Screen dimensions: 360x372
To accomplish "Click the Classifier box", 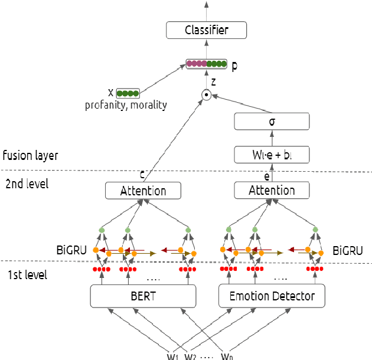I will [x=206, y=30].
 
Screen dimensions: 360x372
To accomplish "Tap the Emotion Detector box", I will [x=272, y=296].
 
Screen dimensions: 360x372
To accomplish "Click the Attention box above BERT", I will [x=143, y=191].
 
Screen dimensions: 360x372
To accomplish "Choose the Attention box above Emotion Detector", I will [x=272, y=191].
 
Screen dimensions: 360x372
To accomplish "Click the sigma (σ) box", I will [x=272, y=122].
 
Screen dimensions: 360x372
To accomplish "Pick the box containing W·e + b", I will [x=272, y=156].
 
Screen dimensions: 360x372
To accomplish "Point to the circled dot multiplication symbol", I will [x=206, y=94].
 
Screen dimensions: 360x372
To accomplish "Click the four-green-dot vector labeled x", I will [x=128, y=93].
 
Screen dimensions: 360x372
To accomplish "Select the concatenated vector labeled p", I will [x=206, y=64].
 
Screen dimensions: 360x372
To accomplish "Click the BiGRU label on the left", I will [x=71, y=250].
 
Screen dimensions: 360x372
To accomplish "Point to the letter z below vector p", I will [x=213, y=80].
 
